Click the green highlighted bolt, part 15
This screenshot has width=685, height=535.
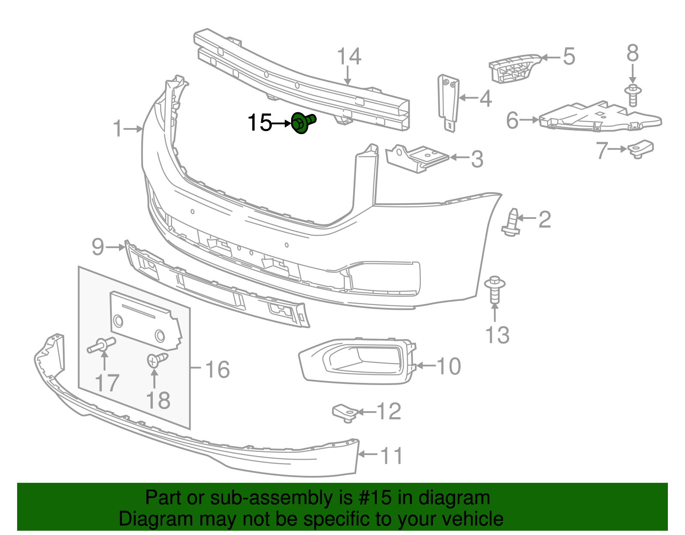[303, 123]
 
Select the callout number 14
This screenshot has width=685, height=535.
[349, 57]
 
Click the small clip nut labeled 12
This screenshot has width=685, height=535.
[345, 412]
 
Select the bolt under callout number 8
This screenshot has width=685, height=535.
[633, 95]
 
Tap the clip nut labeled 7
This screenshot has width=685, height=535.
[641, 148]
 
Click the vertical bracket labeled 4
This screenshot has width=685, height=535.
[448, 102]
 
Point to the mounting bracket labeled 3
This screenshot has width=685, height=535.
[416, 158]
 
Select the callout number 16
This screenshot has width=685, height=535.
[217, 369]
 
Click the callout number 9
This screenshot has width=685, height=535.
[98, 247]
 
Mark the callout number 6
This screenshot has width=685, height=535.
[512, 120]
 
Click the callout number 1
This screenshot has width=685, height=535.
[118, 129]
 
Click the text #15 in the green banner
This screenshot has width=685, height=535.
[372, 498]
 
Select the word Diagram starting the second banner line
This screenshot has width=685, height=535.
[144, 519]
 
